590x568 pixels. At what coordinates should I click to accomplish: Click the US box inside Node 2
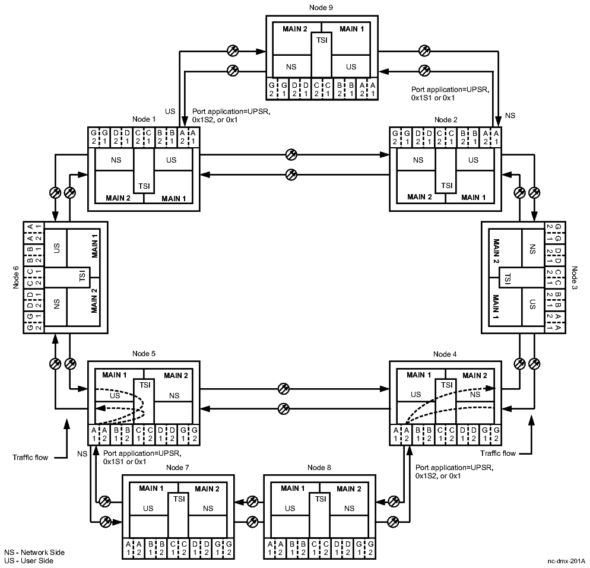click(x=473, y=160)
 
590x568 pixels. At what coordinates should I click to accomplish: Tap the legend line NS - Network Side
click(x=34, y=552)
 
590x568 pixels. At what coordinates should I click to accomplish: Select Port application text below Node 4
click(x=454, y=472)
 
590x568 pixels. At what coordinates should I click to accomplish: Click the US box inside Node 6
click(x=57, y=248)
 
